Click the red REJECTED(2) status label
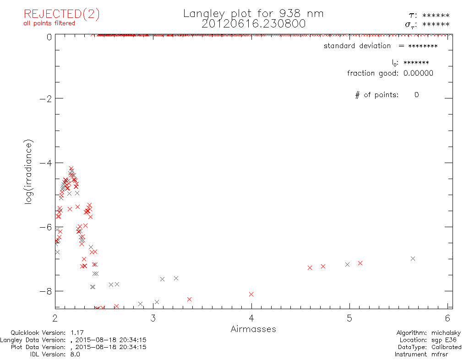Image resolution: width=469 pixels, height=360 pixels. point(61,14)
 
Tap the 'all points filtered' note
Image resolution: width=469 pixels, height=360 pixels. point(49,23)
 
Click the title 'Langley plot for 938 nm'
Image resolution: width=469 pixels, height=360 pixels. point(253,14)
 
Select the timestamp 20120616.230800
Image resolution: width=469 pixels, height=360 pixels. point(253,24)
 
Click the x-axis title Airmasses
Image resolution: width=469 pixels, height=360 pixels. point(253,329)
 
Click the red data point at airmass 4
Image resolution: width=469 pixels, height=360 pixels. point(251,294)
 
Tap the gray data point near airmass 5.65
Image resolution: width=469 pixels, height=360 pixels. point(413,258)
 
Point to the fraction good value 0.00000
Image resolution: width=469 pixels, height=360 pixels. point(418,73)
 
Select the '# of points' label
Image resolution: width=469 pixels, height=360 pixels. point(376,95)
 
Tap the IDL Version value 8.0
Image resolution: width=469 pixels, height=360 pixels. point(74,354)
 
